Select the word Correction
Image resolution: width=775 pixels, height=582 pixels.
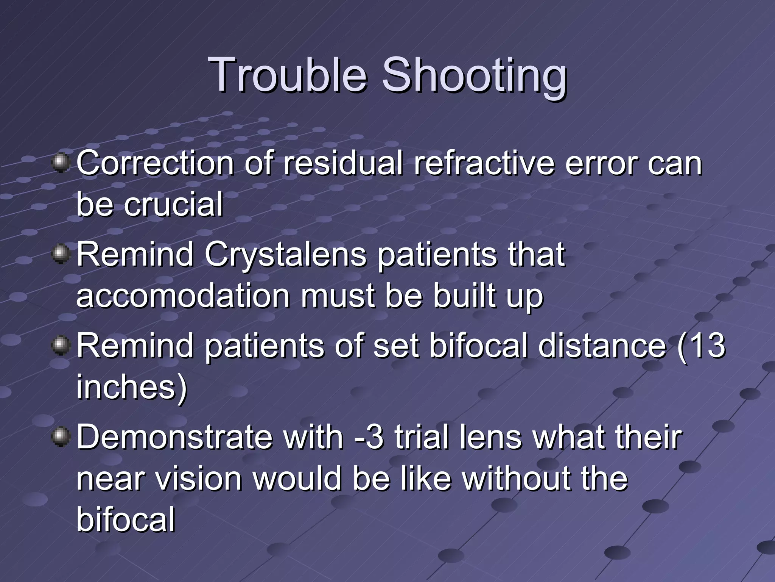[x=155, y=164]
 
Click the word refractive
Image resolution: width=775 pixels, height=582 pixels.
[x=484, y=164]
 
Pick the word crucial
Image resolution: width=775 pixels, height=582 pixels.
[x=173, y=205]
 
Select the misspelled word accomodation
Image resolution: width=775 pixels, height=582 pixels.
[x=183, y=296]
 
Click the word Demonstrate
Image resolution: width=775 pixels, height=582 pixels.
[x=174, y=437]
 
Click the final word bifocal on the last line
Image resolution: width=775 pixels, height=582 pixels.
[x=126, y=519]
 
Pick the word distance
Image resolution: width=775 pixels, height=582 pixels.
[x=602, y=346]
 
